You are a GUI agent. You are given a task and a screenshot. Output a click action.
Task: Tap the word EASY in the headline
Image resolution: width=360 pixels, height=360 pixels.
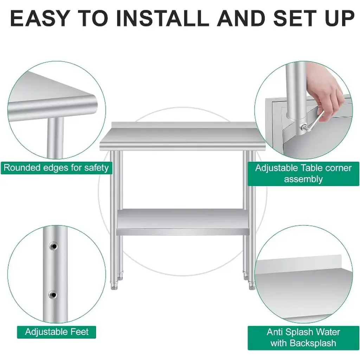(40, 18)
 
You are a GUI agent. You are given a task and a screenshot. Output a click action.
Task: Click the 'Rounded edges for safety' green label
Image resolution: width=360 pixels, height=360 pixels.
(56, 168)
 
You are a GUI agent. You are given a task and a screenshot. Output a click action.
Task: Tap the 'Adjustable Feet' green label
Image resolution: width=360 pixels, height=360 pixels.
(57, 332)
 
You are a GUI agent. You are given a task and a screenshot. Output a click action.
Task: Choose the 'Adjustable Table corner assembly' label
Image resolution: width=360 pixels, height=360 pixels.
(303, 174)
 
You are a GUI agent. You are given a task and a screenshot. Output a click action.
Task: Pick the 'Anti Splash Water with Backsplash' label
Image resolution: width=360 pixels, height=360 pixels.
(303, 338)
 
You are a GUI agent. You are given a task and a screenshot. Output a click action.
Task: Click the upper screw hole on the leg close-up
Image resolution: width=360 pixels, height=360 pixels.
(53, 246)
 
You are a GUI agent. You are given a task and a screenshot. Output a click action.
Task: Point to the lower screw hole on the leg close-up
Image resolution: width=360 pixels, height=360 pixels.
(53, 295)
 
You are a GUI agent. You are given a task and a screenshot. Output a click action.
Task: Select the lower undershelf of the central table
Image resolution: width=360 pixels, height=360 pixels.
(183, 222)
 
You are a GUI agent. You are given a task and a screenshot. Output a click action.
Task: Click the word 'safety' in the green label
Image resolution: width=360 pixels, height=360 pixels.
(96, 168)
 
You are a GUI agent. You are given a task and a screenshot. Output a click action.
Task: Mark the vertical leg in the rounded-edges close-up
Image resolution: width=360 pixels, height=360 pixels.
(55, 138)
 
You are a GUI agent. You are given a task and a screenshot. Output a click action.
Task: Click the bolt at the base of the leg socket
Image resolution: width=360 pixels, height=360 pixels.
(303, 127)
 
